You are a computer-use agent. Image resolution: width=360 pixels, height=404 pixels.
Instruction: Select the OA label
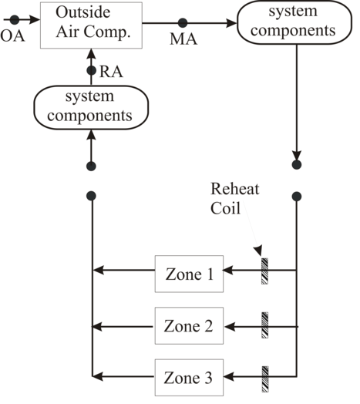click(x=13, y=36)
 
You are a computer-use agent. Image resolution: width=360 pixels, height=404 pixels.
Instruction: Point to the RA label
click(x=112, y=73)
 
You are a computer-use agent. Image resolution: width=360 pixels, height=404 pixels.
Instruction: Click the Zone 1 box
click(x=189, y=273)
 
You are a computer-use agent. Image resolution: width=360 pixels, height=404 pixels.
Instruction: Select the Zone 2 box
click(x=189, y=325)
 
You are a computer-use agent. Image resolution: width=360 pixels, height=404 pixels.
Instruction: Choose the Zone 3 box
click(x=189, y=378)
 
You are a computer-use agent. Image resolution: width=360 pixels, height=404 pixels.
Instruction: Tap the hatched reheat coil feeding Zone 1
click(x=265, y=271)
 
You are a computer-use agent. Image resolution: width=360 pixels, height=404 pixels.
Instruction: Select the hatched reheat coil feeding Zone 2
click(x=265, y=325)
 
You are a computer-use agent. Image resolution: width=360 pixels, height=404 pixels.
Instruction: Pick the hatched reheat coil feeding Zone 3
click(x=265, y=378)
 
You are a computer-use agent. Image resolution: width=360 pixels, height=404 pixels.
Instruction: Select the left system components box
click(x=91, y=108)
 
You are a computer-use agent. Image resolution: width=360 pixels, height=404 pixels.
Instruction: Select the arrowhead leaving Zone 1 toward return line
click(x=97, y=271)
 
